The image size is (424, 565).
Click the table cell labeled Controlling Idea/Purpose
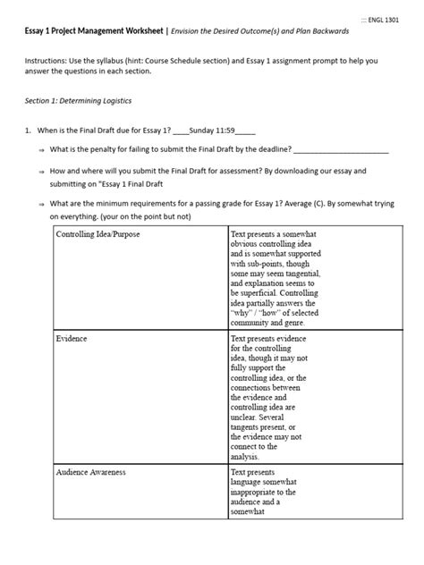[98, 234]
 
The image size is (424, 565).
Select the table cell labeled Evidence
[72, 341]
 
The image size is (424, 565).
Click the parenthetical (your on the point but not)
[148, 216]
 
